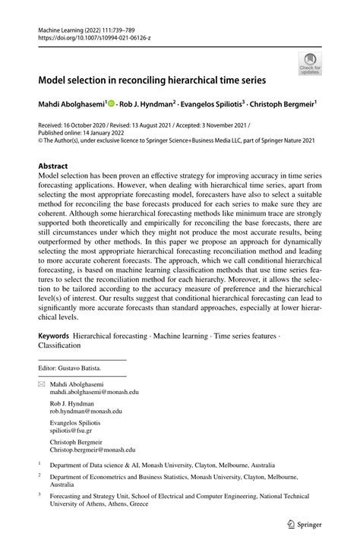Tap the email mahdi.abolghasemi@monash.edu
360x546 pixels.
pos(94,393)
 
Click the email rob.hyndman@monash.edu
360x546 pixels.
pos(88,413)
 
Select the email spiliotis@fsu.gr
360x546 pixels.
pos(77,431)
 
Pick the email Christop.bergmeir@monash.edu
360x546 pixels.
pos(93,450)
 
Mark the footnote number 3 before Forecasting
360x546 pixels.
pos(39,494)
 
